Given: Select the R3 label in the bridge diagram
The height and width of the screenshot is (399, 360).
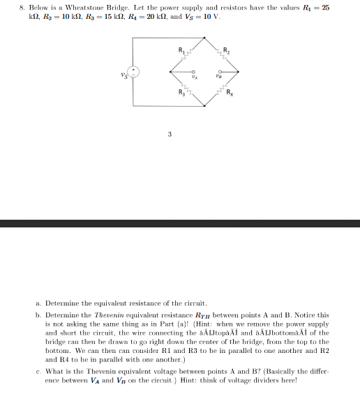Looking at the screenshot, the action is point(181,92).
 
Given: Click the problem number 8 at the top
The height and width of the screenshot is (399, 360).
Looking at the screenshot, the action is point(22,7).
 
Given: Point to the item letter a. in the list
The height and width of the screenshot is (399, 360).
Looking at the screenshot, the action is point(37,303).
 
